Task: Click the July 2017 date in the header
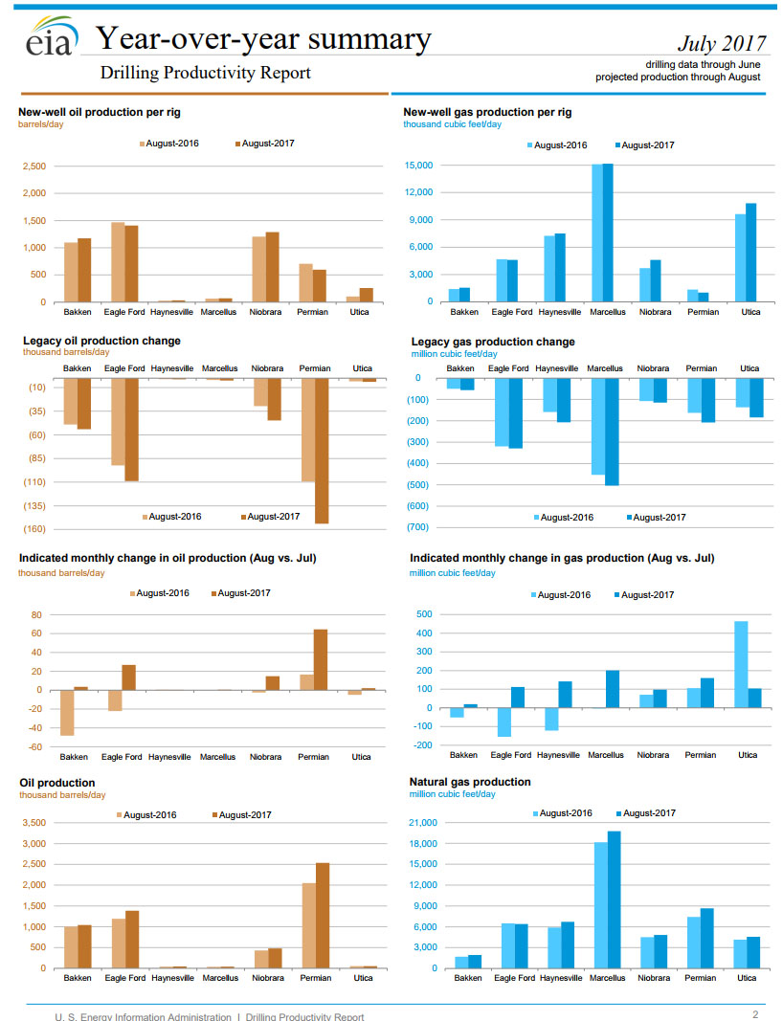722,43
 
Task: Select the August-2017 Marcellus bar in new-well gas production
608,233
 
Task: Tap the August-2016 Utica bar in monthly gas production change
741,664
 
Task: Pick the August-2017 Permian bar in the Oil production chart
323,916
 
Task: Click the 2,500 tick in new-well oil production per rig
34,166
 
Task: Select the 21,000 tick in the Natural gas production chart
422,823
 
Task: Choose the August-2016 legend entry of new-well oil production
168,144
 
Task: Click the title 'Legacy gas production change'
493,342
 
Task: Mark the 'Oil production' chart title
57,783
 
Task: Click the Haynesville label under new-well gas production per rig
559,312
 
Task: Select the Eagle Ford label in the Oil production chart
124,978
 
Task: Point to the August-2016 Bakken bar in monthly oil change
68,713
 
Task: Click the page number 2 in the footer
754,1014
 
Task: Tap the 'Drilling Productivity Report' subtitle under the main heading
205,73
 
